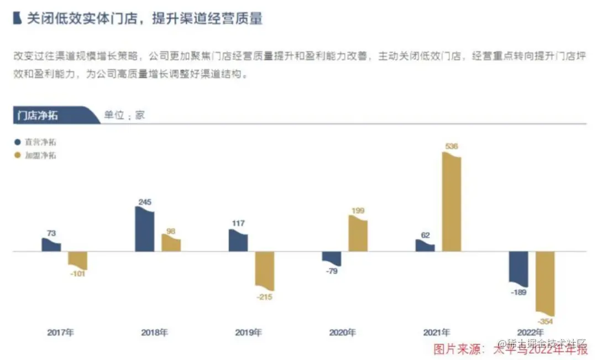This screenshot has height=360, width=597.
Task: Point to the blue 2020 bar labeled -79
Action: coord(332,258)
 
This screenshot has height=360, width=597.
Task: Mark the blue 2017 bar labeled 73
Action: coord(51,245)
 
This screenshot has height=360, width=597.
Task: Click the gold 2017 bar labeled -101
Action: coord(77,260)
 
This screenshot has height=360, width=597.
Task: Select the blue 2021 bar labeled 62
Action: coord(425,246)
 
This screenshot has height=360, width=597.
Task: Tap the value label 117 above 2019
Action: coord(238,223)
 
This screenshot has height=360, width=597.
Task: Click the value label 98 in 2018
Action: coord(171,230)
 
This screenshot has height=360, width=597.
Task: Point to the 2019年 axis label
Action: coord(248,333)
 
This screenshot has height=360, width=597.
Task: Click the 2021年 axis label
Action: coord(436,333)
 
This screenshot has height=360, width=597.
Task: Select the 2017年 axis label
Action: coord(60,333)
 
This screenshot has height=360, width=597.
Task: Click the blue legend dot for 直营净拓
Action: coord(17,142)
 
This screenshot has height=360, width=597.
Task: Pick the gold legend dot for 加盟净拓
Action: coord(17,156)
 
